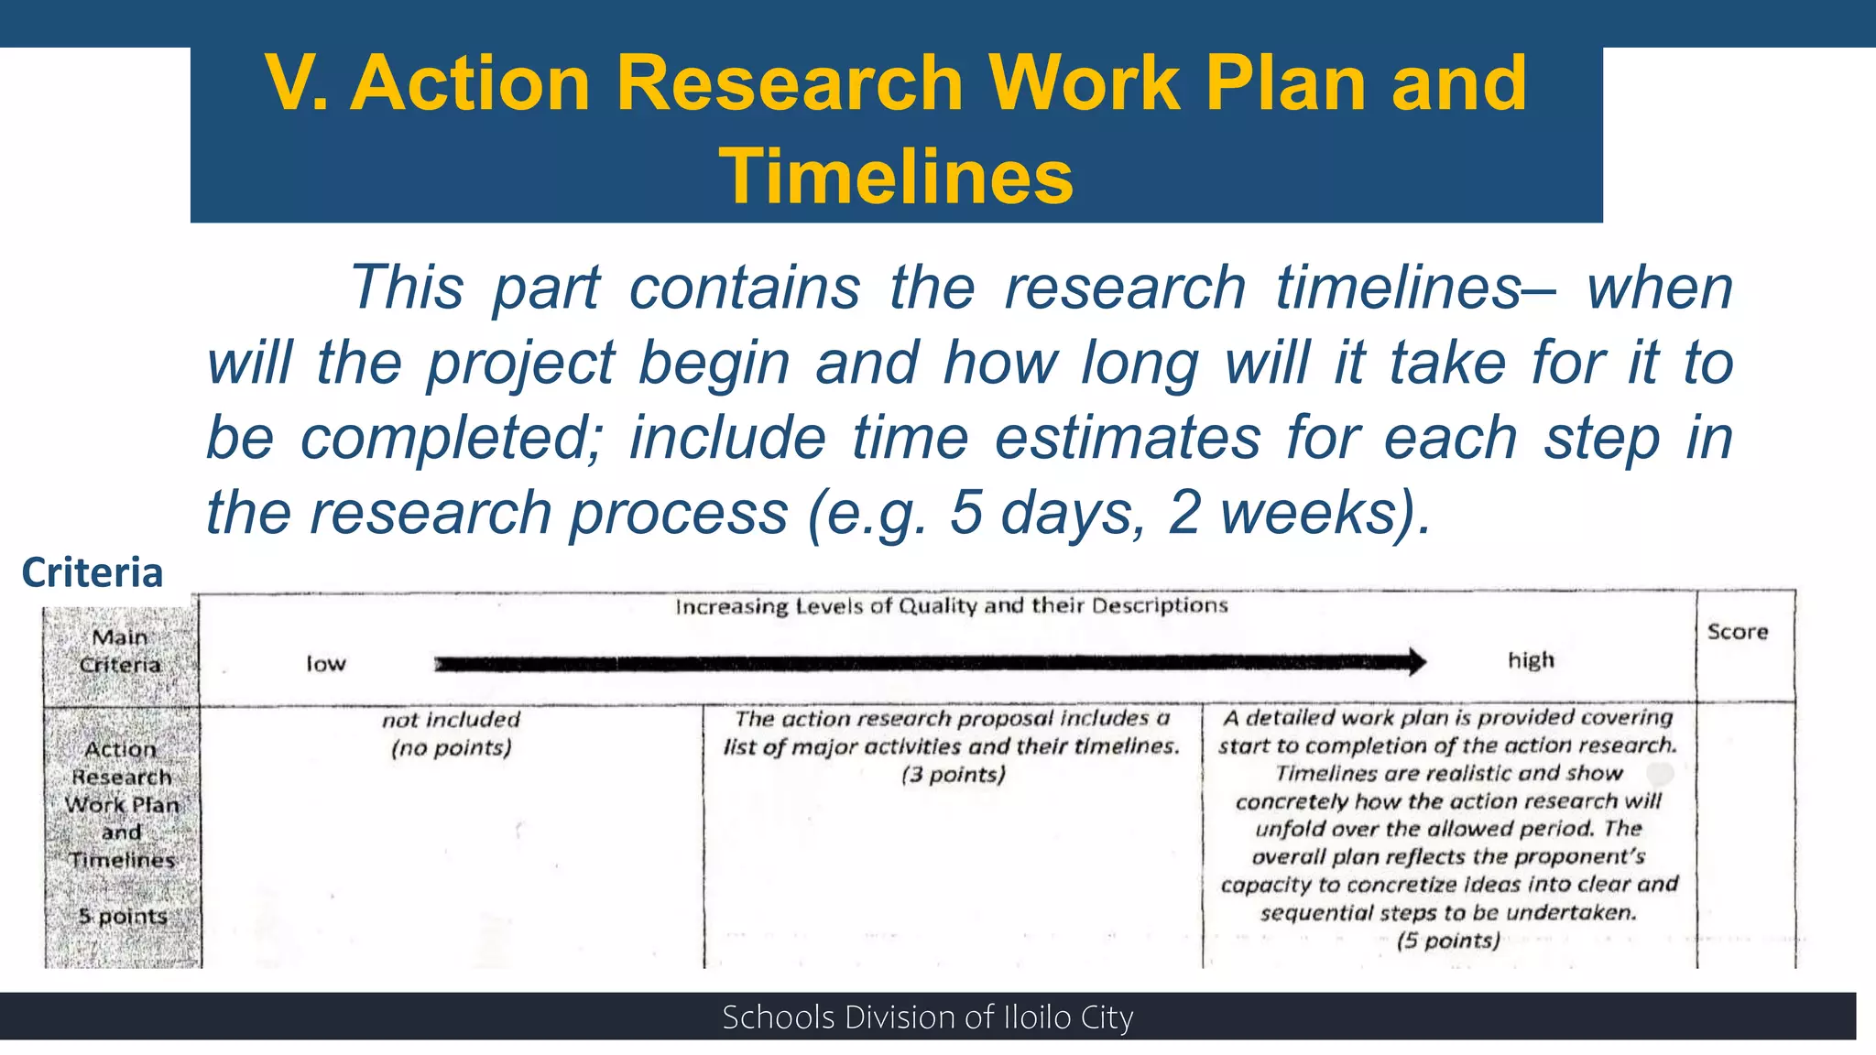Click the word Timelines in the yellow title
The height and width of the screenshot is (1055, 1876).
(895, 177)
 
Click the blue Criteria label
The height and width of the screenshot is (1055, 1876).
(92, 572)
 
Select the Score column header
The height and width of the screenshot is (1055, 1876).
(1737, 632)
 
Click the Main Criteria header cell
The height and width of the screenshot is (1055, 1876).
(120, 650)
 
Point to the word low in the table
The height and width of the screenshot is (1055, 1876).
(326, 664)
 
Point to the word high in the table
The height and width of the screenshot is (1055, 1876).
(1531, 660)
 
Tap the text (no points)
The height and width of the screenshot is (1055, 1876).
(451, 748)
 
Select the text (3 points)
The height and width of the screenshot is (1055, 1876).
(953, 775)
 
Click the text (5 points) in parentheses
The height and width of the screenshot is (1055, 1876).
(1448, 941)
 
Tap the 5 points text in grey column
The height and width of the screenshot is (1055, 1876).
(123, 916)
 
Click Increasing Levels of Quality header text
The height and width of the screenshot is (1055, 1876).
(951, 606)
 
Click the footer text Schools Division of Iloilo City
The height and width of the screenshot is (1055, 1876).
(927, 1017)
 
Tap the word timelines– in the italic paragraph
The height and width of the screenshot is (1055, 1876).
(1415, 288)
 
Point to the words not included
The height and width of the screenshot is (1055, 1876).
(451, 720)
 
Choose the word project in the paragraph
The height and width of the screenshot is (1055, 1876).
(520, 364)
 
